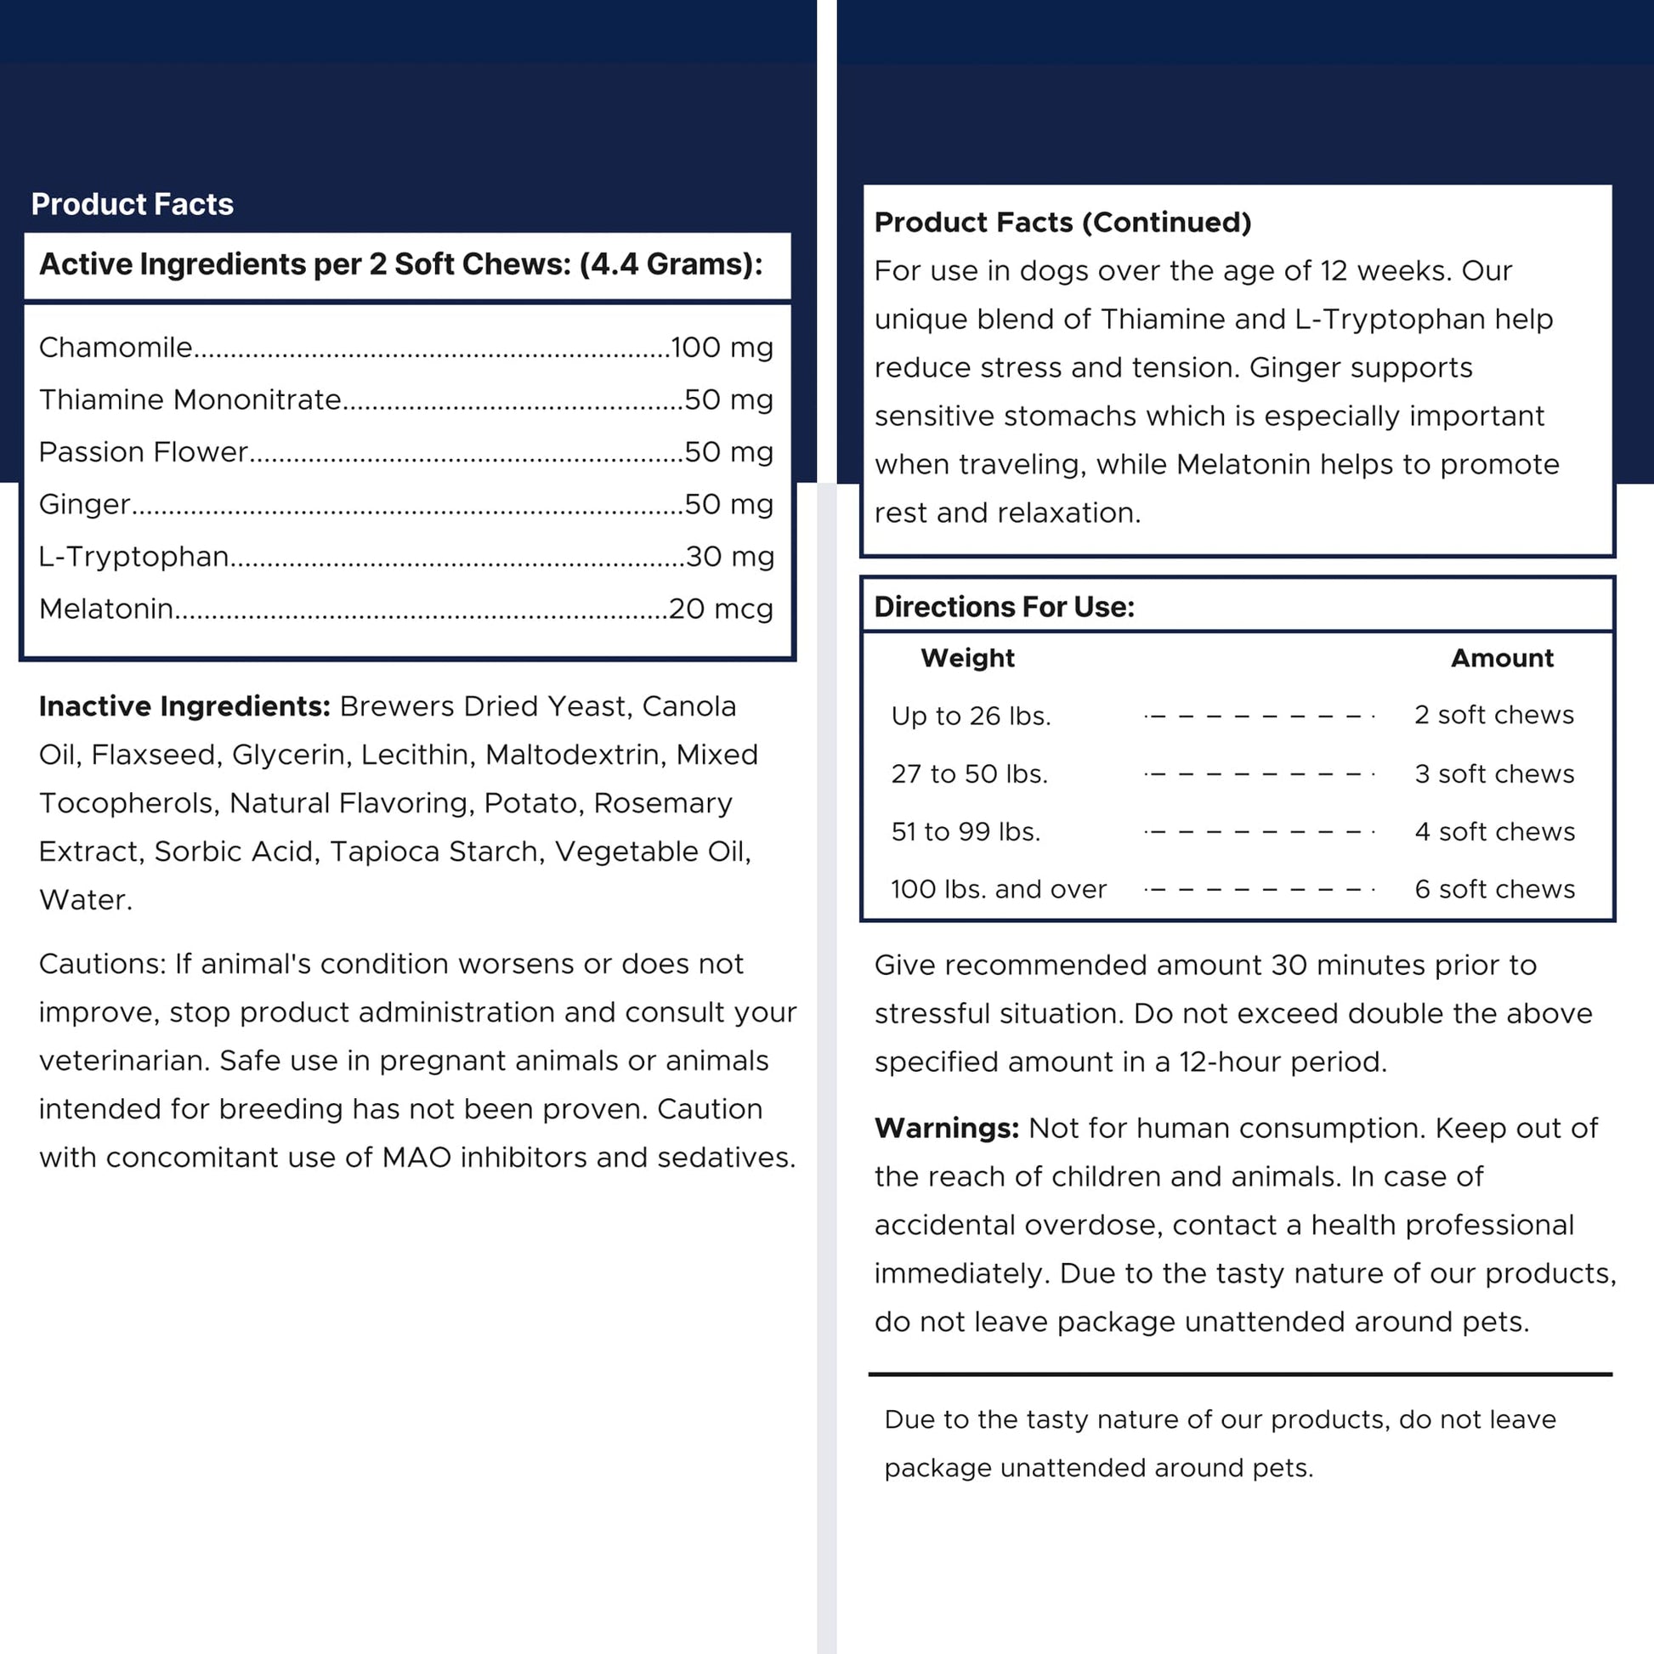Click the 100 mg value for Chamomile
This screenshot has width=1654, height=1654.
[722, 348]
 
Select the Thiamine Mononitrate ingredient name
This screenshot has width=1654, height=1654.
[190, 399]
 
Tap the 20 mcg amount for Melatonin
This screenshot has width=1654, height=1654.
[720, 609]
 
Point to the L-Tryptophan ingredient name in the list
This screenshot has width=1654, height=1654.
[133, 557]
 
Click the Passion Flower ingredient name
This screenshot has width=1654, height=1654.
[143, 452]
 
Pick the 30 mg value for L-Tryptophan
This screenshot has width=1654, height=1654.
[729, 557]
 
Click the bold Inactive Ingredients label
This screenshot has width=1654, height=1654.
[184, 706]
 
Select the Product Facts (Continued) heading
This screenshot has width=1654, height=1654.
[1062, 223]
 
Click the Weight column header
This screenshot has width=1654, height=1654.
[967, 658]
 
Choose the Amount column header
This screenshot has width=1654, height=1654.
[1502, 658]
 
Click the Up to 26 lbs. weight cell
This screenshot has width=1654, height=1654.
[971, 716]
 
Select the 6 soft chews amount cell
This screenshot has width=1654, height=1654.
[1494, 889]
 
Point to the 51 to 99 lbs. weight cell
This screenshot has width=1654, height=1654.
[966, 831]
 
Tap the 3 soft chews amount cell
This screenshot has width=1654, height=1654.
[1494, 774]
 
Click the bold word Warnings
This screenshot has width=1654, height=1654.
[946, 1129]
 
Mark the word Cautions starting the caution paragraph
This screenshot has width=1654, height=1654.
[102, 964]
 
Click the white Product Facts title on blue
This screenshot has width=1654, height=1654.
[132, 205]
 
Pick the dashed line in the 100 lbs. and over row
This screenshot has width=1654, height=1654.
[1259, 890]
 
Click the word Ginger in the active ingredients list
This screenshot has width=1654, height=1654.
[85, 504]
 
